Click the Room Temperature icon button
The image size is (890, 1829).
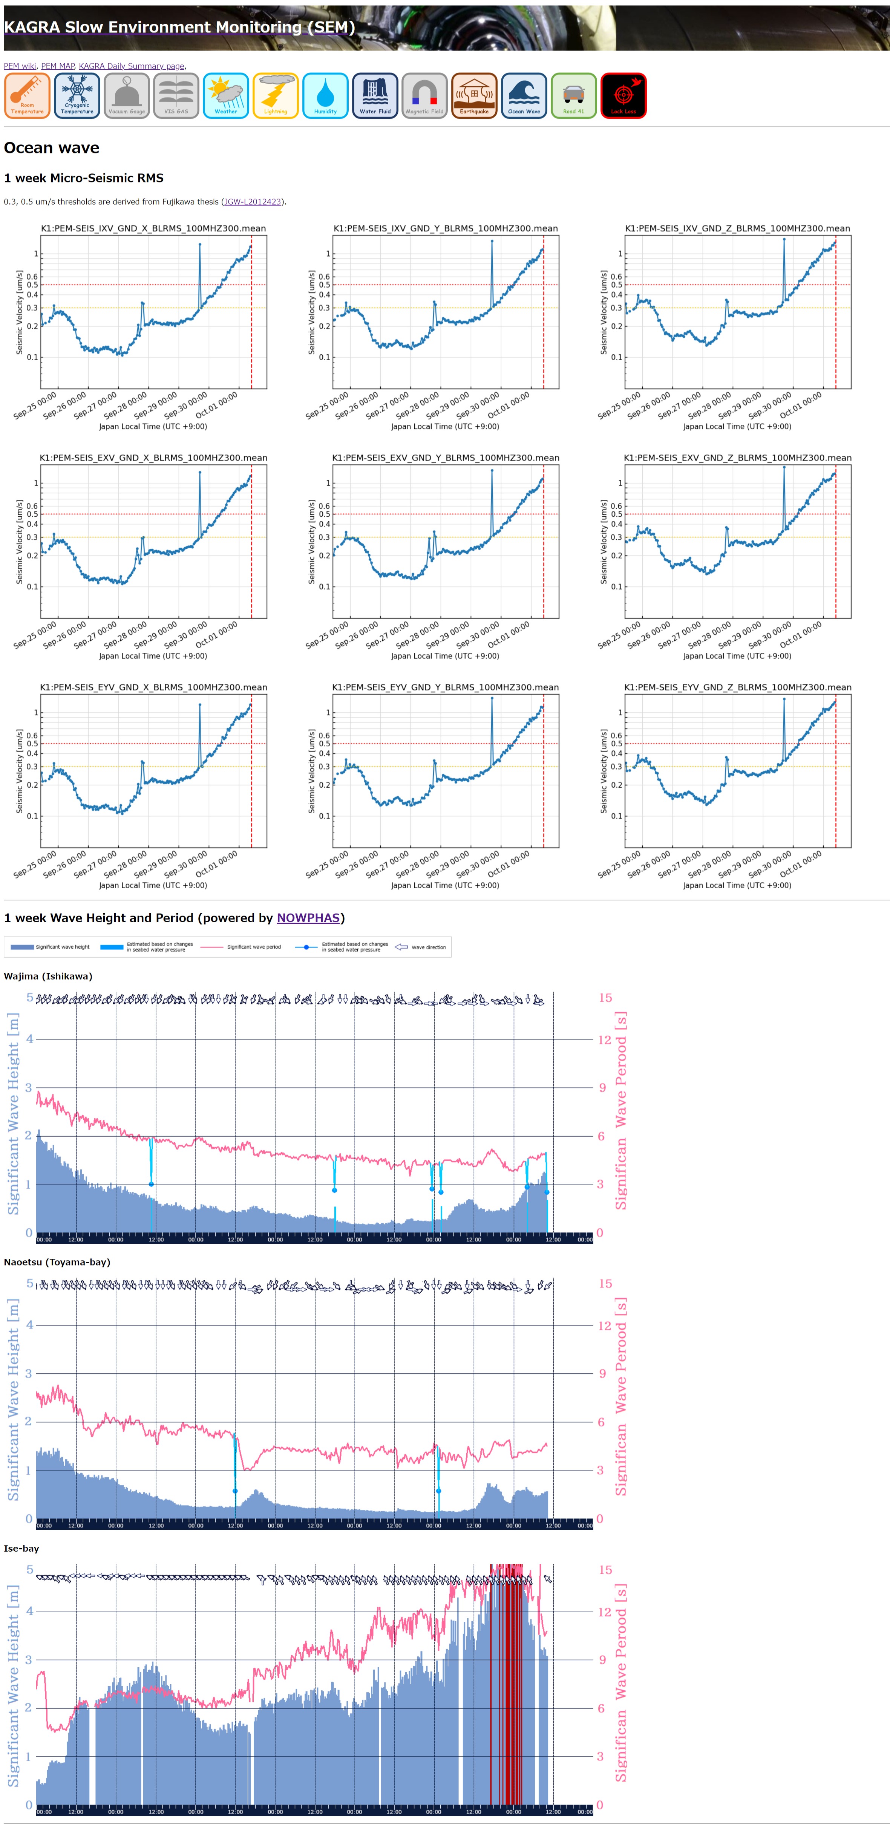tap(27, 96)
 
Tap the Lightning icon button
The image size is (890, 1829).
tap(276, 96)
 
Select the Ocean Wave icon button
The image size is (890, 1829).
tap(524, 96)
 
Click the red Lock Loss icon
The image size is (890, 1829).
tap(623, 96)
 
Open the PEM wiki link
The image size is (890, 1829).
tap(20, 66)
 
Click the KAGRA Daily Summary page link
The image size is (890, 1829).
tap(132, 66)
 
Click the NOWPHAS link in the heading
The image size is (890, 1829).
tap(308, 918)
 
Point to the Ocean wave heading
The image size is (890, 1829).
tap(52, 148)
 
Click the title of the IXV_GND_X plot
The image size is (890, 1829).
tap(153, 229)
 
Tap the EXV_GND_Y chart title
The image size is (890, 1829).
tap(445, 458)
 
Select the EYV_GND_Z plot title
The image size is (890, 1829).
tap(737, 687)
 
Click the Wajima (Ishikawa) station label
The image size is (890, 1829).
tap(47, 976)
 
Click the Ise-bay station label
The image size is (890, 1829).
tap(21, 1549)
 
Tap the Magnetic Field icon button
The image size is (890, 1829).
tap(425, 96)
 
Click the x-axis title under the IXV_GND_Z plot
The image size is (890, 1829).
tap(737, 427)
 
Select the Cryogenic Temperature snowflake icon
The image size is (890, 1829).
tap(77, 96)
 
